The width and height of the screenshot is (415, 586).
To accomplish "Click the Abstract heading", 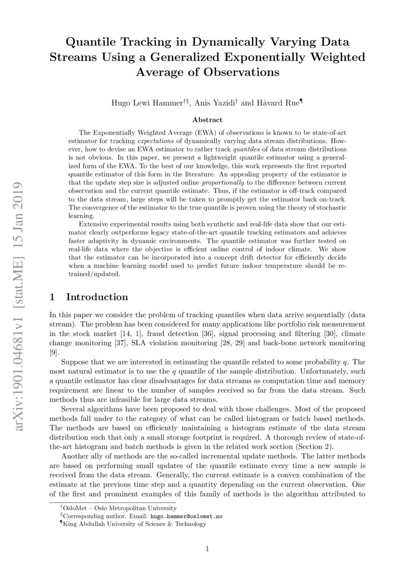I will (207, 120).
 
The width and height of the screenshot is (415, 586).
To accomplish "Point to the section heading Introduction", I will (97, 297).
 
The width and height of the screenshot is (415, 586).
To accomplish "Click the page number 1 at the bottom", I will (207, 549).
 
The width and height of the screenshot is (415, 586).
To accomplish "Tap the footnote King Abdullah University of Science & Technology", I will (133, 524).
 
